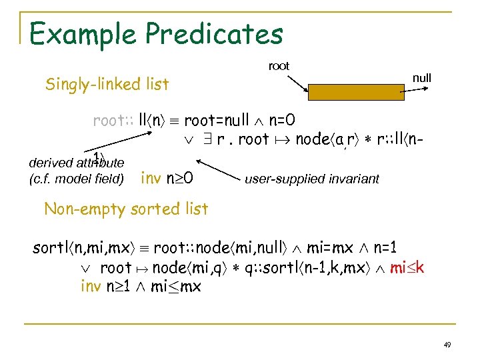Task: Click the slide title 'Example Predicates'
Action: pos(156,33)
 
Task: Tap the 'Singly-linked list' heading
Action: pos(107,84)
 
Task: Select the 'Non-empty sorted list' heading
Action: pos(126,209)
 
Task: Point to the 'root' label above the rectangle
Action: pos(279,66)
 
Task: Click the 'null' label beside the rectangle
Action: pos(422,78)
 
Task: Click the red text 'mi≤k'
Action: pos(407,268)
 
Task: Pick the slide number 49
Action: pos(447,345)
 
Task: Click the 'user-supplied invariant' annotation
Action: pos(312,179)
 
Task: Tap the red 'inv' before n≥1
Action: pos(91,287)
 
